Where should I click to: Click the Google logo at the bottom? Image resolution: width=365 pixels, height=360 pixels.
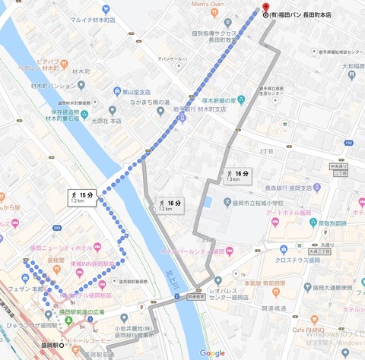tap(212, 352)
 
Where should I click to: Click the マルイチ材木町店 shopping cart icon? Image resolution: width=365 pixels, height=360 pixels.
tap(64, 20)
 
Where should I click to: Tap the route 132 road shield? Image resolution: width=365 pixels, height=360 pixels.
tap(348, 141)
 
